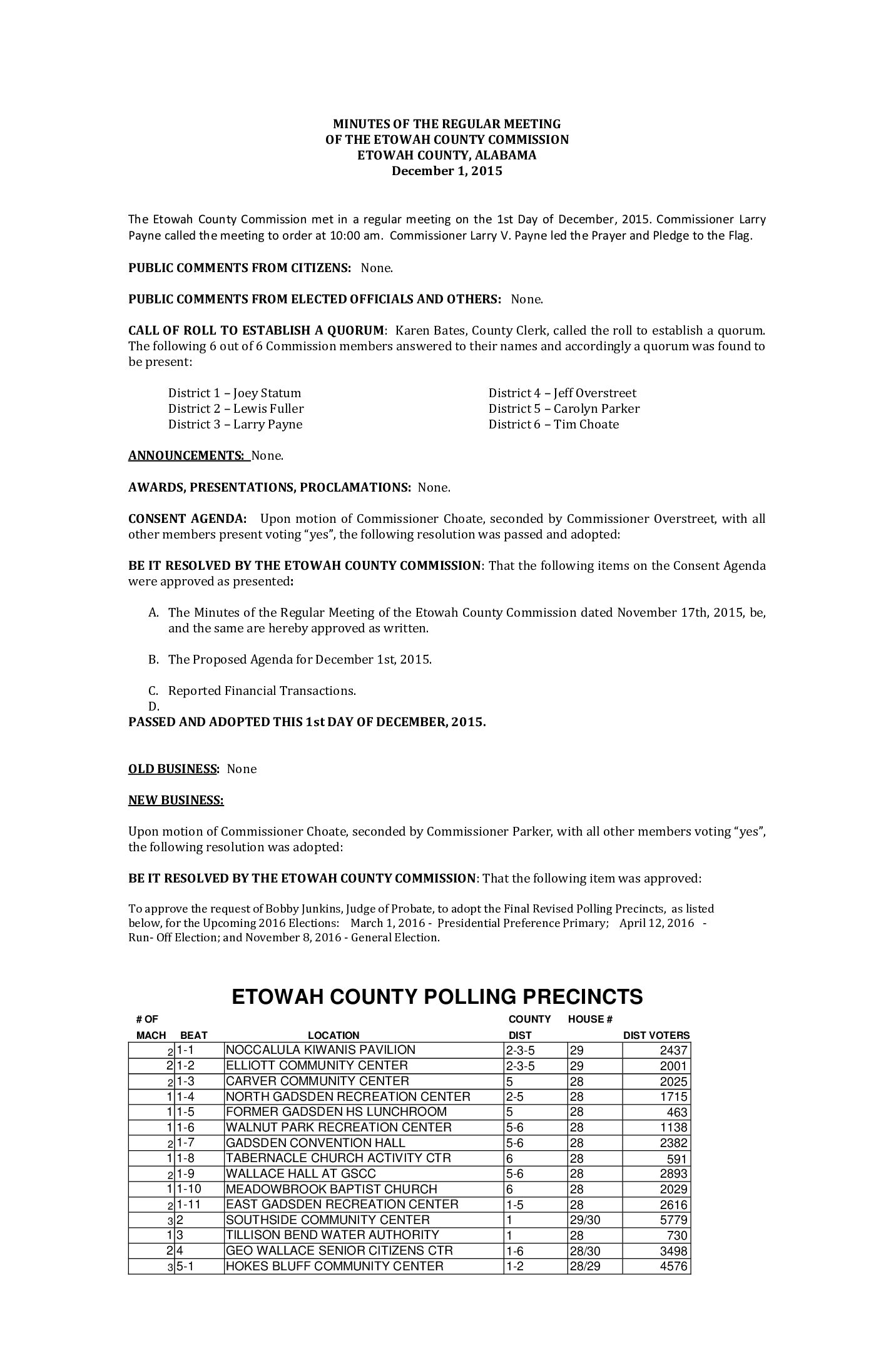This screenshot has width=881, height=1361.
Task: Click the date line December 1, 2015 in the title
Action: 447,171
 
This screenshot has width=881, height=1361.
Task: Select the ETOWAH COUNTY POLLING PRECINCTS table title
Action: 437,997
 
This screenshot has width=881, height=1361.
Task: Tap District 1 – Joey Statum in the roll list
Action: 235,393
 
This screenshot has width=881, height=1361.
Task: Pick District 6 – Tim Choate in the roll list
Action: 554,425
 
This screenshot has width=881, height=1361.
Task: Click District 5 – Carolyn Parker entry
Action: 564,409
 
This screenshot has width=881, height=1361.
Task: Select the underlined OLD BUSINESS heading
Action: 173,769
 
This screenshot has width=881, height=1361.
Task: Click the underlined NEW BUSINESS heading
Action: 176,800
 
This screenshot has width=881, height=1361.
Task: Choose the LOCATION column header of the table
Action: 334,1036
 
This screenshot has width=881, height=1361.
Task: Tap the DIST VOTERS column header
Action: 656,1036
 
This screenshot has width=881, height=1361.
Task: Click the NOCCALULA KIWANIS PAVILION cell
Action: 320,1050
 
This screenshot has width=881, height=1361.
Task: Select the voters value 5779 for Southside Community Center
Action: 673,1220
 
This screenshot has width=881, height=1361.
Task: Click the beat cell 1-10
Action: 189,1189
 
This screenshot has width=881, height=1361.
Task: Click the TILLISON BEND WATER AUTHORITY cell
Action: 332,1235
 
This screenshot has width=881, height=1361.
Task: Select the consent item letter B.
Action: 153,660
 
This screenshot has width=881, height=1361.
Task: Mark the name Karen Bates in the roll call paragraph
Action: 426,331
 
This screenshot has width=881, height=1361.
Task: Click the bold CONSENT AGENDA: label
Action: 187,519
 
